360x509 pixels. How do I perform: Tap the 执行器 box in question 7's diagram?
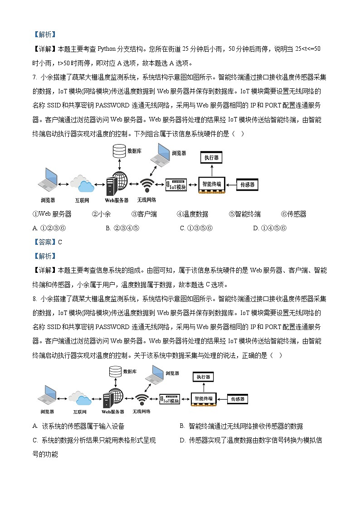point(211,158)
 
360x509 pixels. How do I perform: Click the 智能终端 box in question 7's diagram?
point(212,185)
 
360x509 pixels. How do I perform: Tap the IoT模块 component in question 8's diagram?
point(170,400)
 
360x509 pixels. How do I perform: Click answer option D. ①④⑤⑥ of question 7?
point(269,228)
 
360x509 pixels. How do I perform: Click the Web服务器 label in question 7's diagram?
point(117,200)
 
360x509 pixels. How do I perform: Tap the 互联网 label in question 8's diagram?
point(82,412)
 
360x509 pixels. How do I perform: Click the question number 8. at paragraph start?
point(34,299)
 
